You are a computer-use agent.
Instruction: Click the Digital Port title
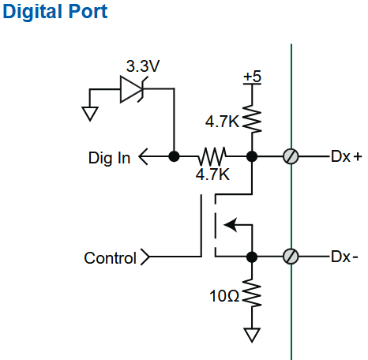(55, 12)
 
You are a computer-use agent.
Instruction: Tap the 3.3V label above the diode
(143, 66)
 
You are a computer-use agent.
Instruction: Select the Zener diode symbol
(132, 89)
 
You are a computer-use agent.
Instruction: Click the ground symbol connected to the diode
(90, 114)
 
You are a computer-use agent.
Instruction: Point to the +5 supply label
(252, 77)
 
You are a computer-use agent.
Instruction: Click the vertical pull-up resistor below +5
(252, 118)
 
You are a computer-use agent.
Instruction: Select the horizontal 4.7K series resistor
(212, 156)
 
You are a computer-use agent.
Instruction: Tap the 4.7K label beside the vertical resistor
(222, 122)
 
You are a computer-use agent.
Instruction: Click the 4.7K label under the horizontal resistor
(212, 174)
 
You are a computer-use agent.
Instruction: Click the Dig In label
(109, 158)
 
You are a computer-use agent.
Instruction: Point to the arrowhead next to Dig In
(143, 156)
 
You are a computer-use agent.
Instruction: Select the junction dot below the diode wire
(174, 156)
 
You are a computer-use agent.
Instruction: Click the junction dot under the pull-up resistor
(252, 156)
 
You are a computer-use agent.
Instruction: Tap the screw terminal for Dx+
(291, 156)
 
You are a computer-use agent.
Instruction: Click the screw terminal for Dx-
(291, 257)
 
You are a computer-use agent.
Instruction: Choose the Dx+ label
(347, 156)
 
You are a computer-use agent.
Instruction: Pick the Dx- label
(344, 257)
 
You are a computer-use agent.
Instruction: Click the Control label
(110, 258)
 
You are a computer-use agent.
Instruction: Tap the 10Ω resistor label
(224, 296)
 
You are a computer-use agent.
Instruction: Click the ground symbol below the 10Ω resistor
(252, 335)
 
